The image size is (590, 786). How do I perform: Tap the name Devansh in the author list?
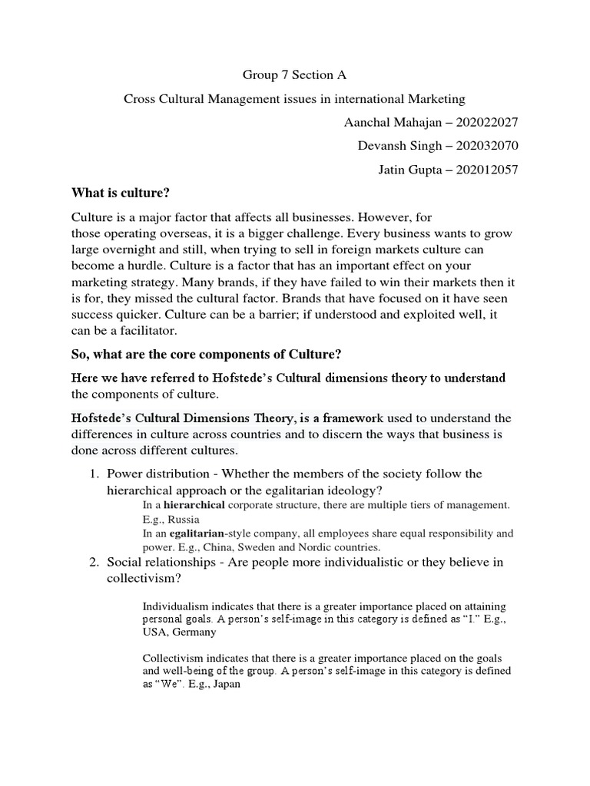pos(383,146)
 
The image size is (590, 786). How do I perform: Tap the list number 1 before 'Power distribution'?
pos(93,474)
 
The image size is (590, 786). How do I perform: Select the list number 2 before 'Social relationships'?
pos(93,563)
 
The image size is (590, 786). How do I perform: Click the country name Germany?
pos(195,632)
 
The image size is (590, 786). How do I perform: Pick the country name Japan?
pos(227,684)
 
